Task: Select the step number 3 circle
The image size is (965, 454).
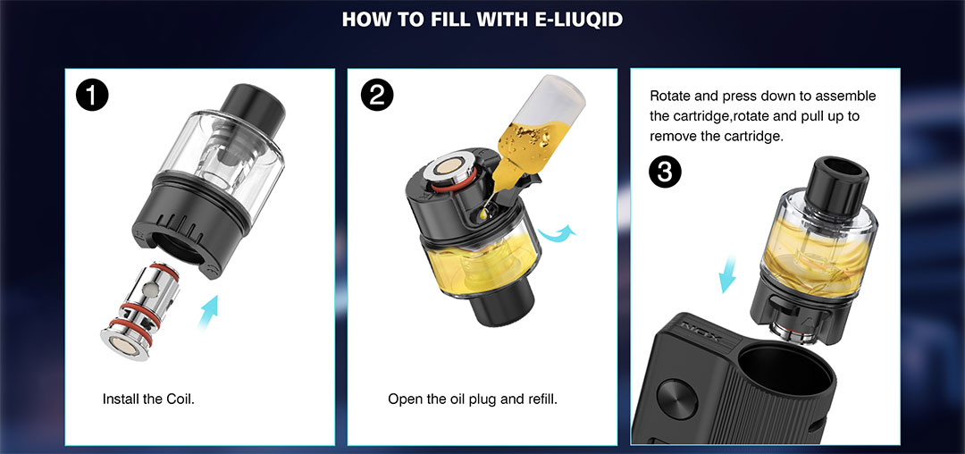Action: (x=666, y=172)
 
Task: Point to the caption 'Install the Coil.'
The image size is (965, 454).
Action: (x=148, y=399)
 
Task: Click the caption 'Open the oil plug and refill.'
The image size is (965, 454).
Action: (x=472, y=399)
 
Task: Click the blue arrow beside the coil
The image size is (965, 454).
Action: (x=209, y=312)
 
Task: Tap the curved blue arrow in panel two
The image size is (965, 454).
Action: (x=557, y=234)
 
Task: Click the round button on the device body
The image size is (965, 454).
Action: (x=676, y=399)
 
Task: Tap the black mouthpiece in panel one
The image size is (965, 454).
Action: (x=254, y=106)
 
